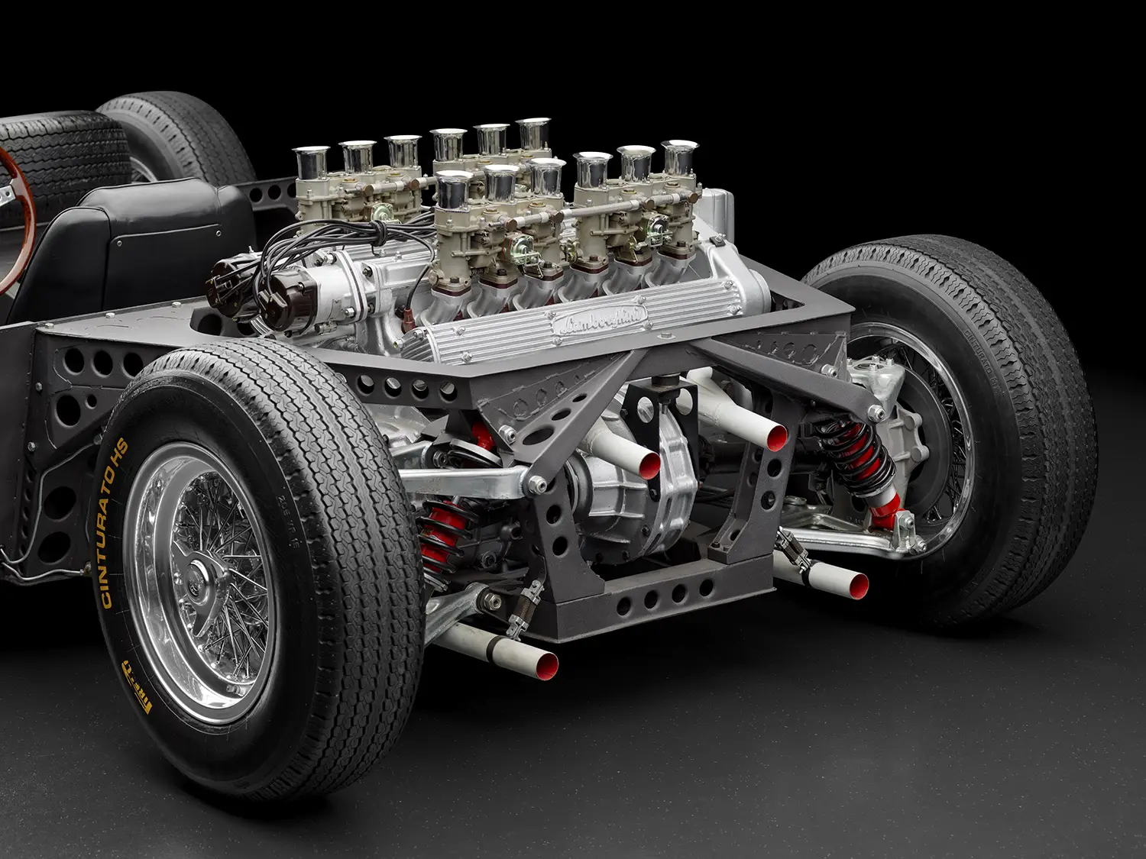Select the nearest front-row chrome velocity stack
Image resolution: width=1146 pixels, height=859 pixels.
coord(454,187)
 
